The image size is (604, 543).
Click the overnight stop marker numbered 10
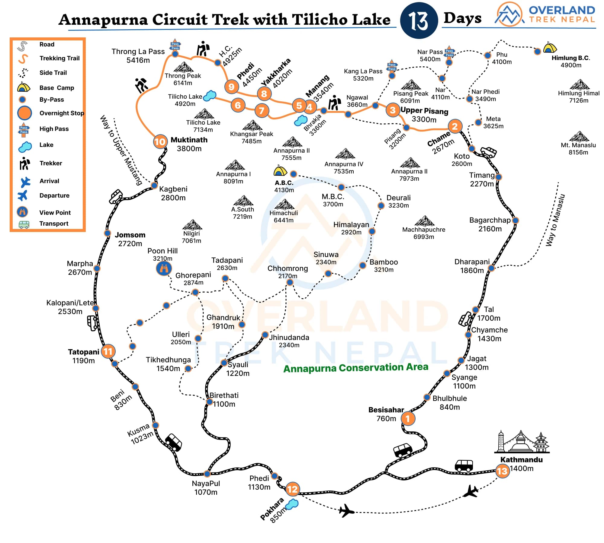160,142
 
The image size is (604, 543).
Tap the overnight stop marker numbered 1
408,418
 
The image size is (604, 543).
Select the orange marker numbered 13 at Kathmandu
502,471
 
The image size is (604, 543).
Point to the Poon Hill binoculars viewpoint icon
164,268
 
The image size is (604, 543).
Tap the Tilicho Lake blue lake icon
210,96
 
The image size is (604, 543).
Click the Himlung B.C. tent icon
550,48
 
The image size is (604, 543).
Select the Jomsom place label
130,235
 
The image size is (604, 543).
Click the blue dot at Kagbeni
154,185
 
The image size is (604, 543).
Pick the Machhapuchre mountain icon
425,221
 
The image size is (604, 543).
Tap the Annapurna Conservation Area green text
355,368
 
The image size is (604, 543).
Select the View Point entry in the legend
55,212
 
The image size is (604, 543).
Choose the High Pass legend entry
54,129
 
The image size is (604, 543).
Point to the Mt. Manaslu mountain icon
579,137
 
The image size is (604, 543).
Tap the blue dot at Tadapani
225,278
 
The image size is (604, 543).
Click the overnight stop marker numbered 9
231,87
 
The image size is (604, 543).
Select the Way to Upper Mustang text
121,150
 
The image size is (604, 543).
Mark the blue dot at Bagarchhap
516,221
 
